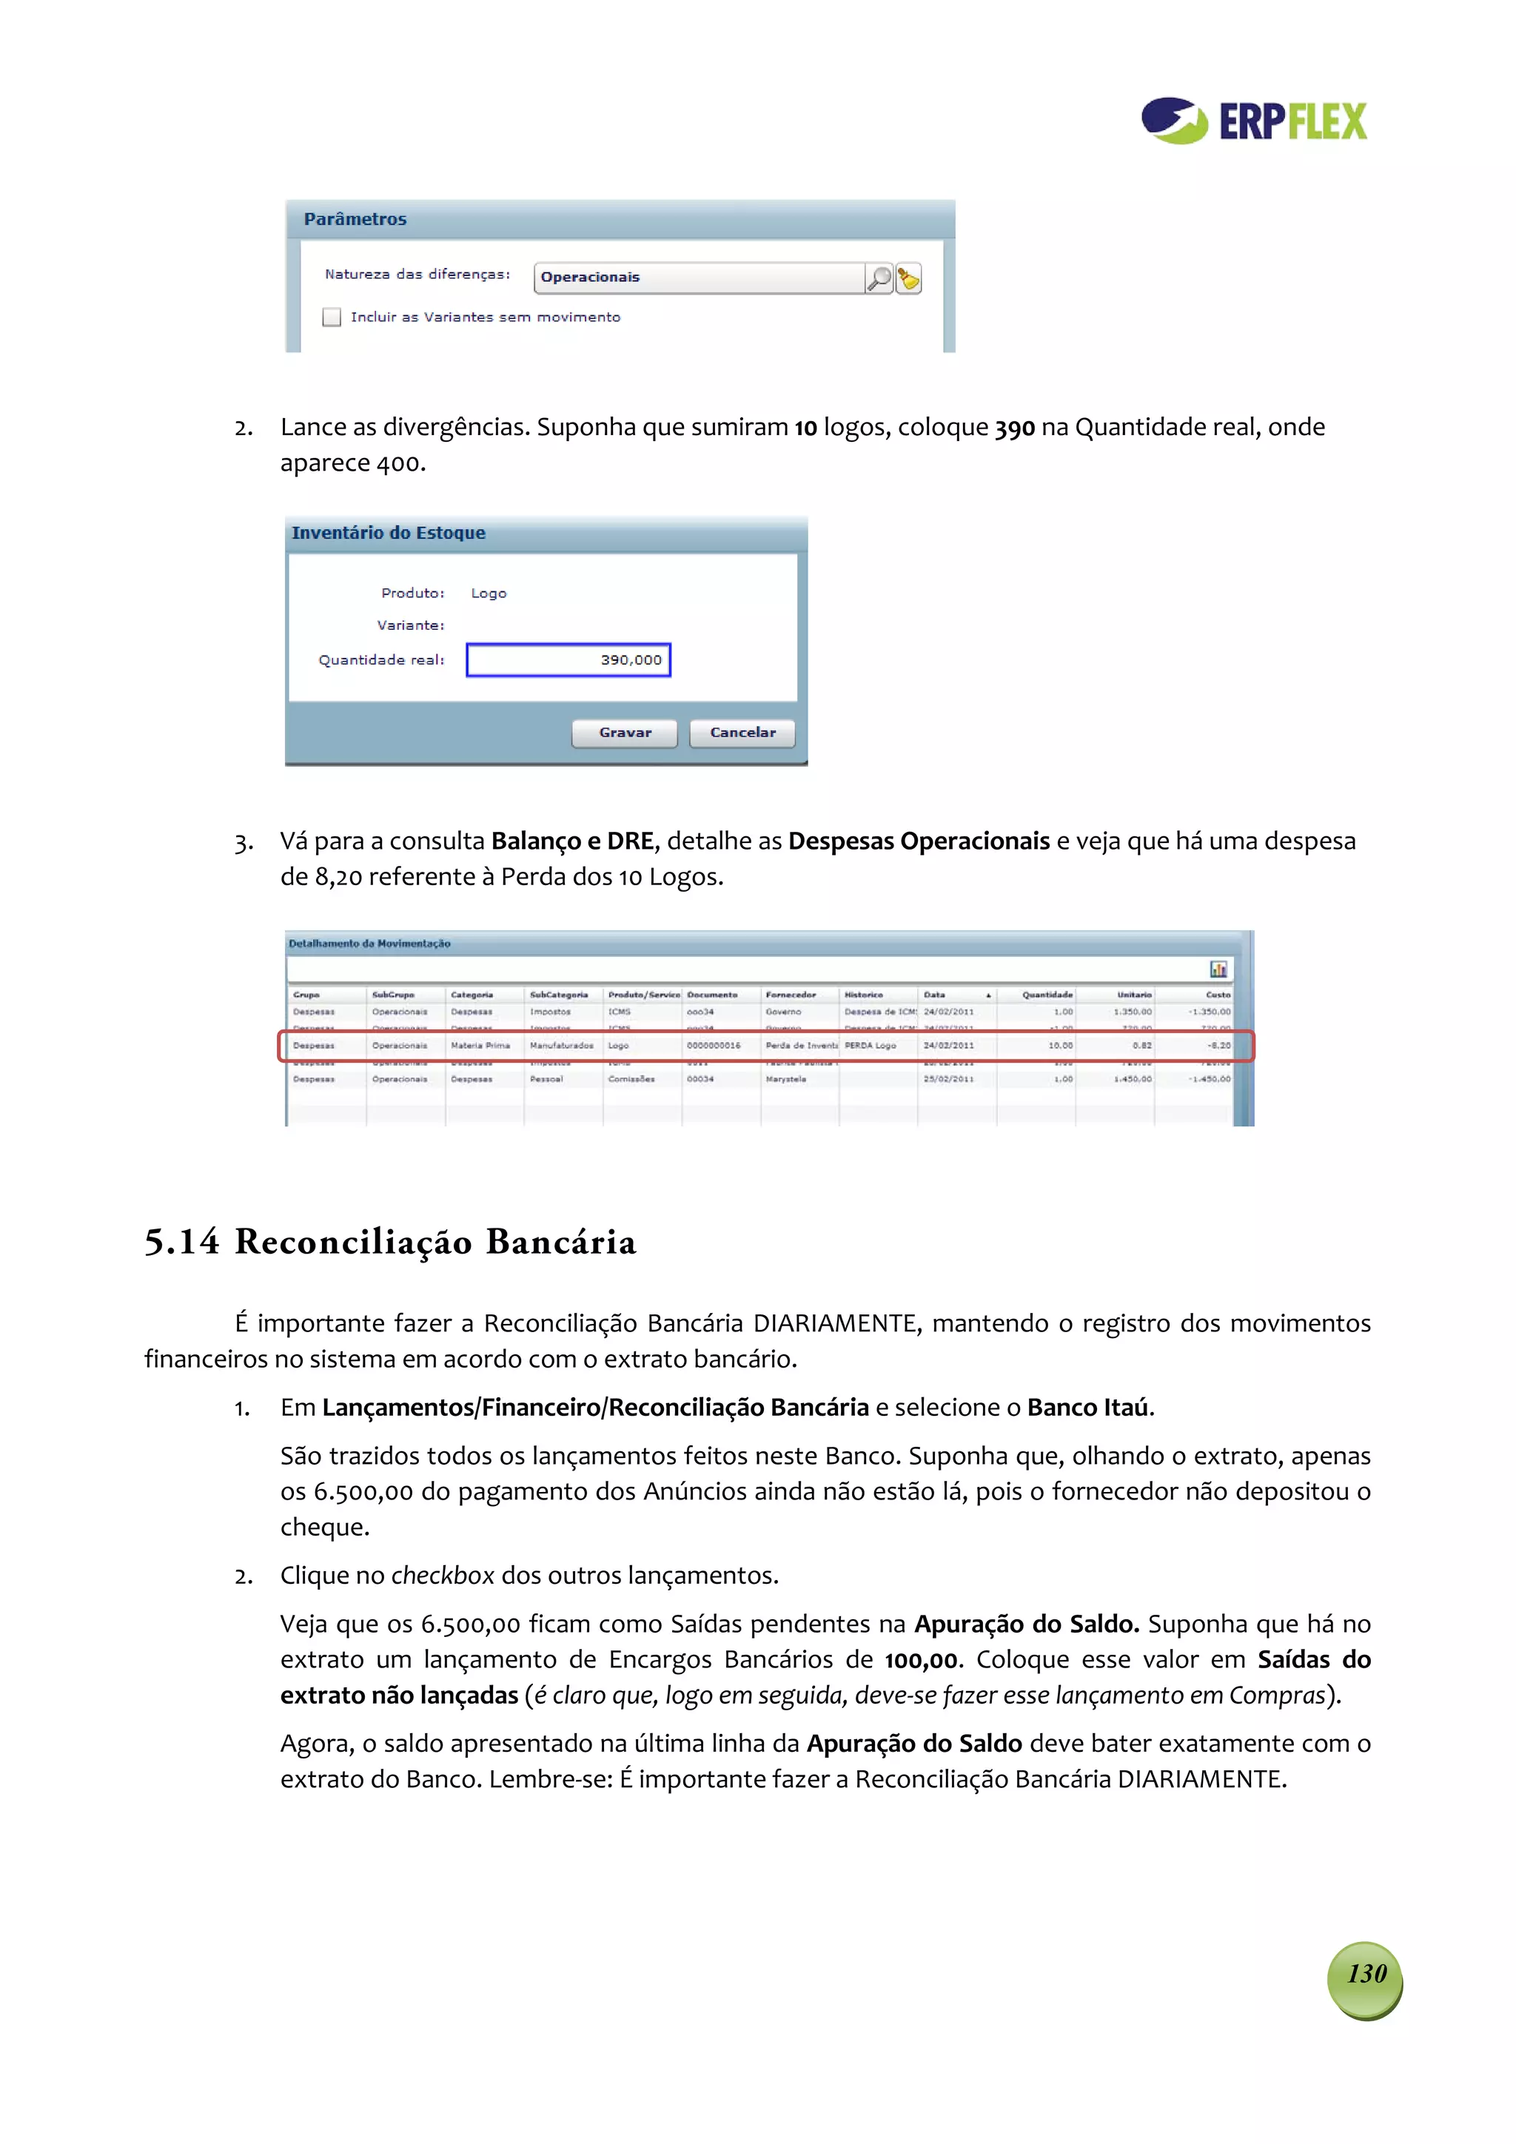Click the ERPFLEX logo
coord(1253,121)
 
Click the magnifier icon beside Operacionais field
coord(878,278)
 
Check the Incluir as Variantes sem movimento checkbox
coord(332,317)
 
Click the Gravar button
coord(624,733)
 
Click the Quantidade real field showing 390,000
coord(568,660)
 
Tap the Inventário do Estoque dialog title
coord(389,533)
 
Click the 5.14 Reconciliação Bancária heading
coord(390,1242)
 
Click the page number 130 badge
coord(1366,1973)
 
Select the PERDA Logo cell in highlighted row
coord(871,1046)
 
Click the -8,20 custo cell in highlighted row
coord(1218,1046)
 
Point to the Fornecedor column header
coord(791,995)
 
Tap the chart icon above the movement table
coord(1218,969)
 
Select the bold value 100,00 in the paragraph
coord(921,1659)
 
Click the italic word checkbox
coord(442,1576)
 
